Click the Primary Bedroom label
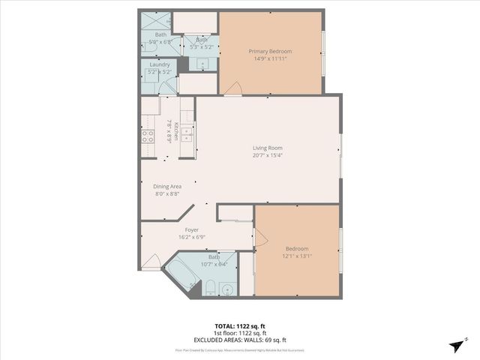point(270,51)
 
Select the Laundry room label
point(160,64)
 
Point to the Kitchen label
point(177,129)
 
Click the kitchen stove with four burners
point(148,136)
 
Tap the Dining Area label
point(167,186)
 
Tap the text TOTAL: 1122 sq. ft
point(239,326)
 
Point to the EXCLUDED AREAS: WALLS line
point(239,340)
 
